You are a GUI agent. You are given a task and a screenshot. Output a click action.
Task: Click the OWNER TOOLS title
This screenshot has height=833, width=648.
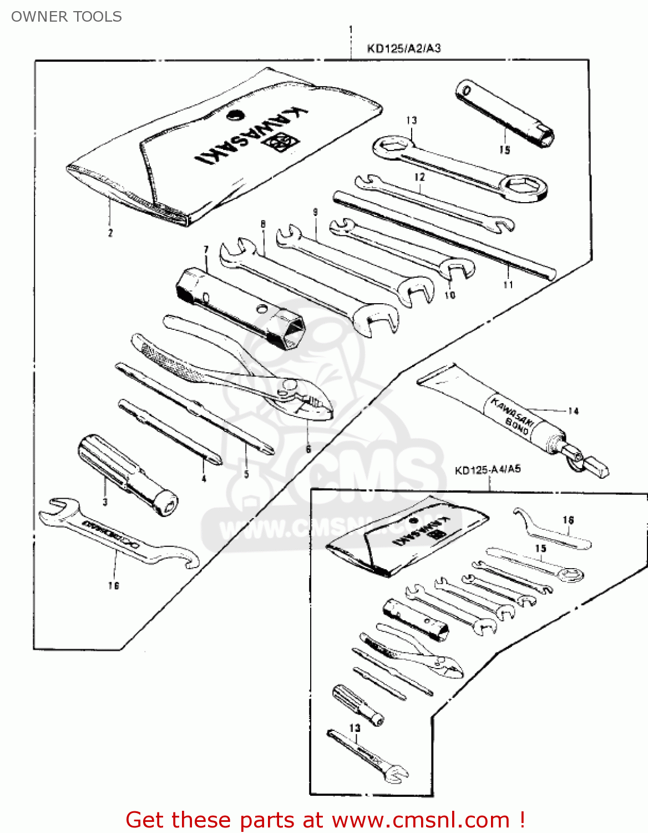(x=67, y=17)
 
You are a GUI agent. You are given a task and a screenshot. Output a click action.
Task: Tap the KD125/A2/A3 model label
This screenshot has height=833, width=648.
(x=404, y=48)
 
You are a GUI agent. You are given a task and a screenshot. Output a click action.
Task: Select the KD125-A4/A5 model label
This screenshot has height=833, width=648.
(x=488, y=469)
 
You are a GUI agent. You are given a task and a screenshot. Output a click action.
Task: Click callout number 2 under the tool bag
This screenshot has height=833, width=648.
(x=110, y=233)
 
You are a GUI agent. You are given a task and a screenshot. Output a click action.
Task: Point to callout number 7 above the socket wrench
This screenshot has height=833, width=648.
(x=206, y=250)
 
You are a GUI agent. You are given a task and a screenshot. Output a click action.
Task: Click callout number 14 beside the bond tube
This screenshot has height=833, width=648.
(x=573, y=411)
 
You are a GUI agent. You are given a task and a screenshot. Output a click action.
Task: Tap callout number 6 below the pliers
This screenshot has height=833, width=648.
(x=308, y=449)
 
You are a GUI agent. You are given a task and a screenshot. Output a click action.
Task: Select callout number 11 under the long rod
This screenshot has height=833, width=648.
(x=508, y=285)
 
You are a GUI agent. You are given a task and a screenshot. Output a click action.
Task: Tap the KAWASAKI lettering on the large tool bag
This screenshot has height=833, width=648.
(x=250, y=136)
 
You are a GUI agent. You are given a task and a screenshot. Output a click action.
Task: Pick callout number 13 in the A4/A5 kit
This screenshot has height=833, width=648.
(x=355, y=727)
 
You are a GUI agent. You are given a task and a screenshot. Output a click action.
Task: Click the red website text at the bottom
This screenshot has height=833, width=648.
(x=325, y=820)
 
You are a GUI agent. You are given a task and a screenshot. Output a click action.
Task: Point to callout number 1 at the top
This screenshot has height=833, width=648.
(x=351, y=29)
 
